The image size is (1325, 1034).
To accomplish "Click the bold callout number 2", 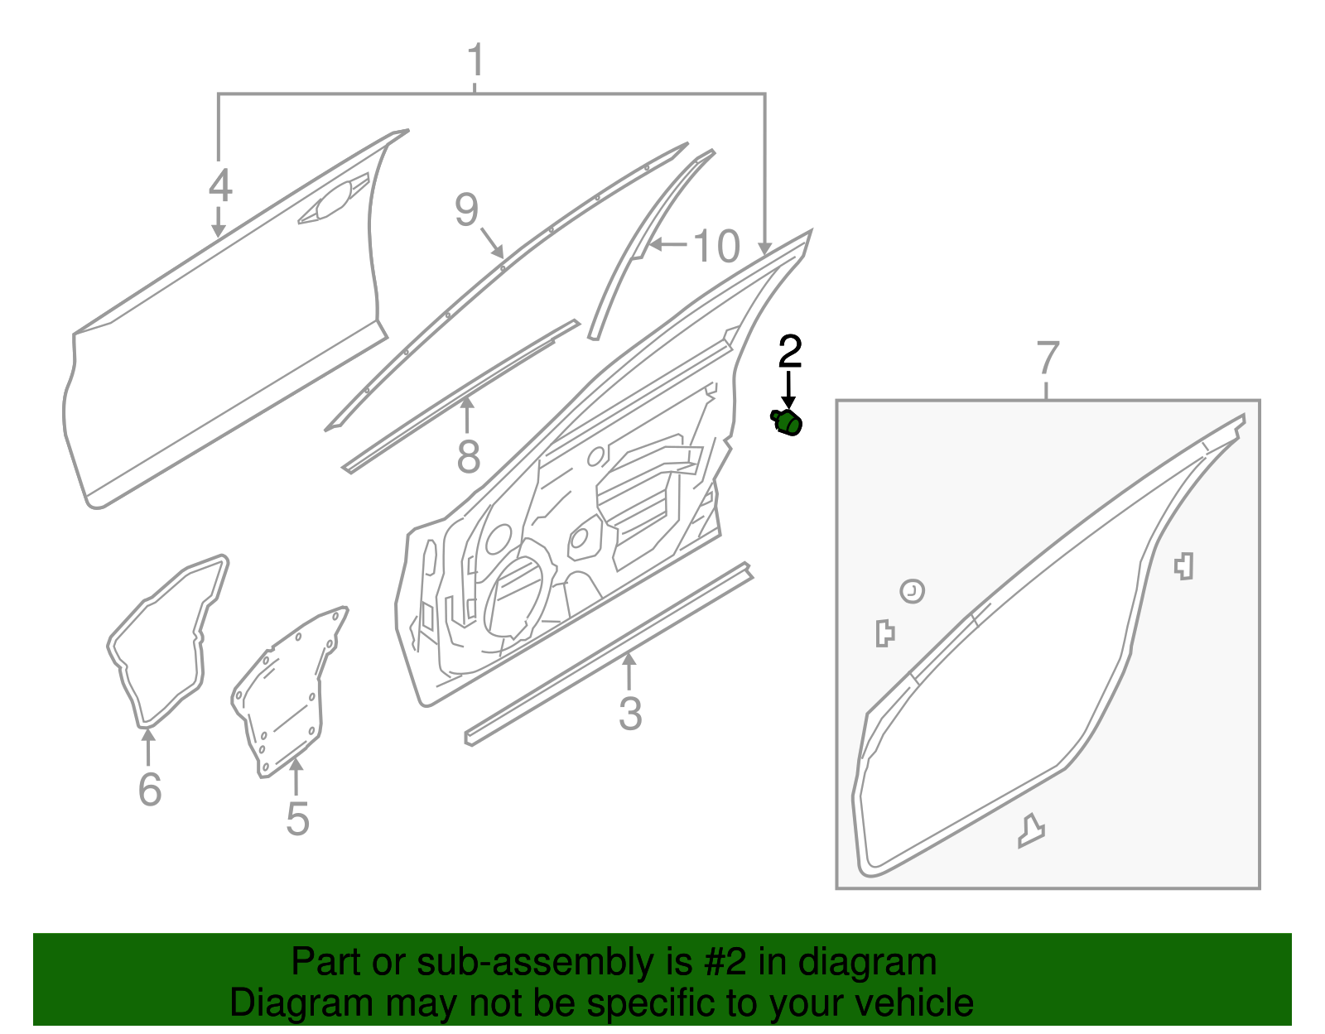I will coord(790,351).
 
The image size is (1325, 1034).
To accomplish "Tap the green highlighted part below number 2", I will coord(787,423).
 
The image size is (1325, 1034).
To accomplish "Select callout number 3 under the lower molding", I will coord(629,714).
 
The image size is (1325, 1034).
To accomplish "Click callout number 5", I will coord(297,818).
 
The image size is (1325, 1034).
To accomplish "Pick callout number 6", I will coord(149,788).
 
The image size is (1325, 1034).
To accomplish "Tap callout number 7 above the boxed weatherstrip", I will coord(1048,358).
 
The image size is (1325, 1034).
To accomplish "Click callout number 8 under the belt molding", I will coord(468,456).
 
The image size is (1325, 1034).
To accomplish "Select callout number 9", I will coord(466,209).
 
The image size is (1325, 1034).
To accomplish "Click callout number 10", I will coord(715,247).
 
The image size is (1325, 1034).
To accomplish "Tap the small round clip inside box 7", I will coord(912,591).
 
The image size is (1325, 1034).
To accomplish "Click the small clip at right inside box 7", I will coord(1184,565).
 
